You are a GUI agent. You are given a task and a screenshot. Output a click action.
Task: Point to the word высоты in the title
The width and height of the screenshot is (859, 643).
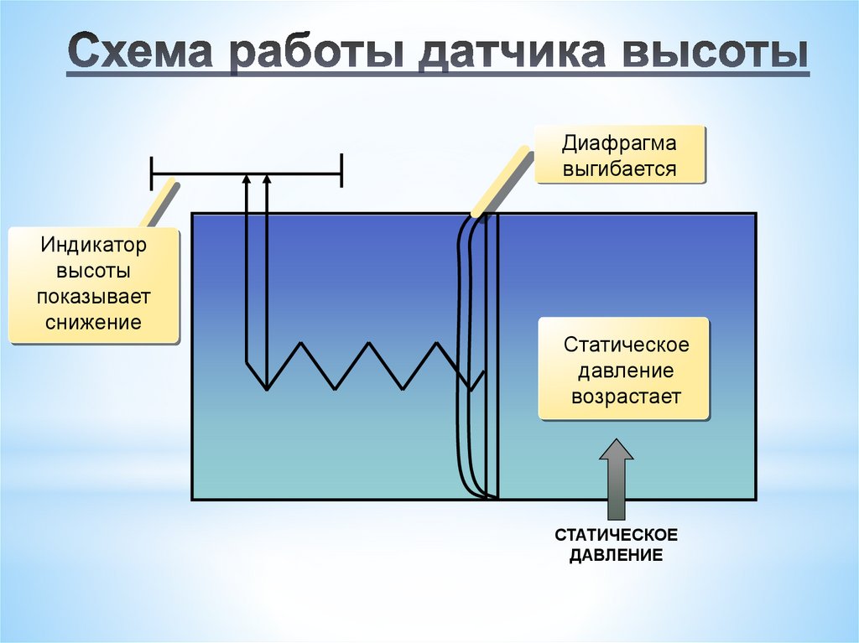(713, 54)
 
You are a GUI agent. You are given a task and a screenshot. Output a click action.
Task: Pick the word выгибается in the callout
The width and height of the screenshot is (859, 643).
(619, 169)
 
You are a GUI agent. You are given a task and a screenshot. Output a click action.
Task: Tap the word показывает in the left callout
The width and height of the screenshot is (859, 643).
(94, 297)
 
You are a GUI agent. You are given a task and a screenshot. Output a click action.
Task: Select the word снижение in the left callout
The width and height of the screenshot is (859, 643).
(94, 322)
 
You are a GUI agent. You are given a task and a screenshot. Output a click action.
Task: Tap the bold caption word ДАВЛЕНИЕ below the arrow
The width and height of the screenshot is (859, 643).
(616, 555)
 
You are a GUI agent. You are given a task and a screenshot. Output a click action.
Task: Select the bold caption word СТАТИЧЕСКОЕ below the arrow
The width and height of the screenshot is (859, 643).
(616, 535)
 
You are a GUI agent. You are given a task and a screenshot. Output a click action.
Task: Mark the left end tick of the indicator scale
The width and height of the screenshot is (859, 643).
(152, 174)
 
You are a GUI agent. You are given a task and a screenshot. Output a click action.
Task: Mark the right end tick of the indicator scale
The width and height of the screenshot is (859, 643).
(341, 174)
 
